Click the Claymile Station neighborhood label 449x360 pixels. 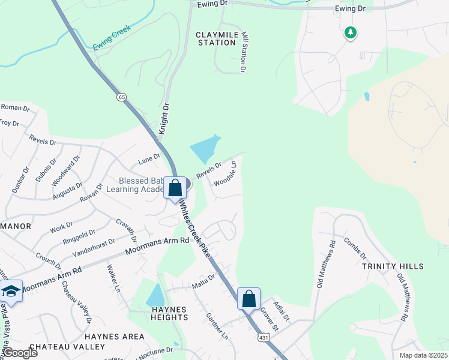click(x=216, y=38)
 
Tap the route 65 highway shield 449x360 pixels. click(x=122, y=97)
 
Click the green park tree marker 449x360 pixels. click(x=350, y=32)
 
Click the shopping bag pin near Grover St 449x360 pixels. click(x=249, y=298)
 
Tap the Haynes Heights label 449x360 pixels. click(x=164, y=314)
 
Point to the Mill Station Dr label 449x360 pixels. click(x=244, y=53)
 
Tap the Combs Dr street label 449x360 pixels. click(x=355, y=247)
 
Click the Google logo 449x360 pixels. click(x=20, y=353)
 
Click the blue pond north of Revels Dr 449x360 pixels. click(x=205, y=148)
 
